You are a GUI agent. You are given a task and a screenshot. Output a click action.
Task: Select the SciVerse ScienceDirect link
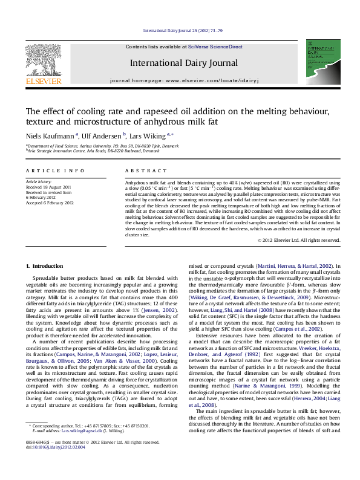coord(215,47)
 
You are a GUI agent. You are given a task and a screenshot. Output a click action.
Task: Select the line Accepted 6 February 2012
coord(49,202)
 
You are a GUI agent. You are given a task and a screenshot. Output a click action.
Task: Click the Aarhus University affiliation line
coord(103,146)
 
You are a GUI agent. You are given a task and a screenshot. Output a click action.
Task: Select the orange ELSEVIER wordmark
coord(42,80)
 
